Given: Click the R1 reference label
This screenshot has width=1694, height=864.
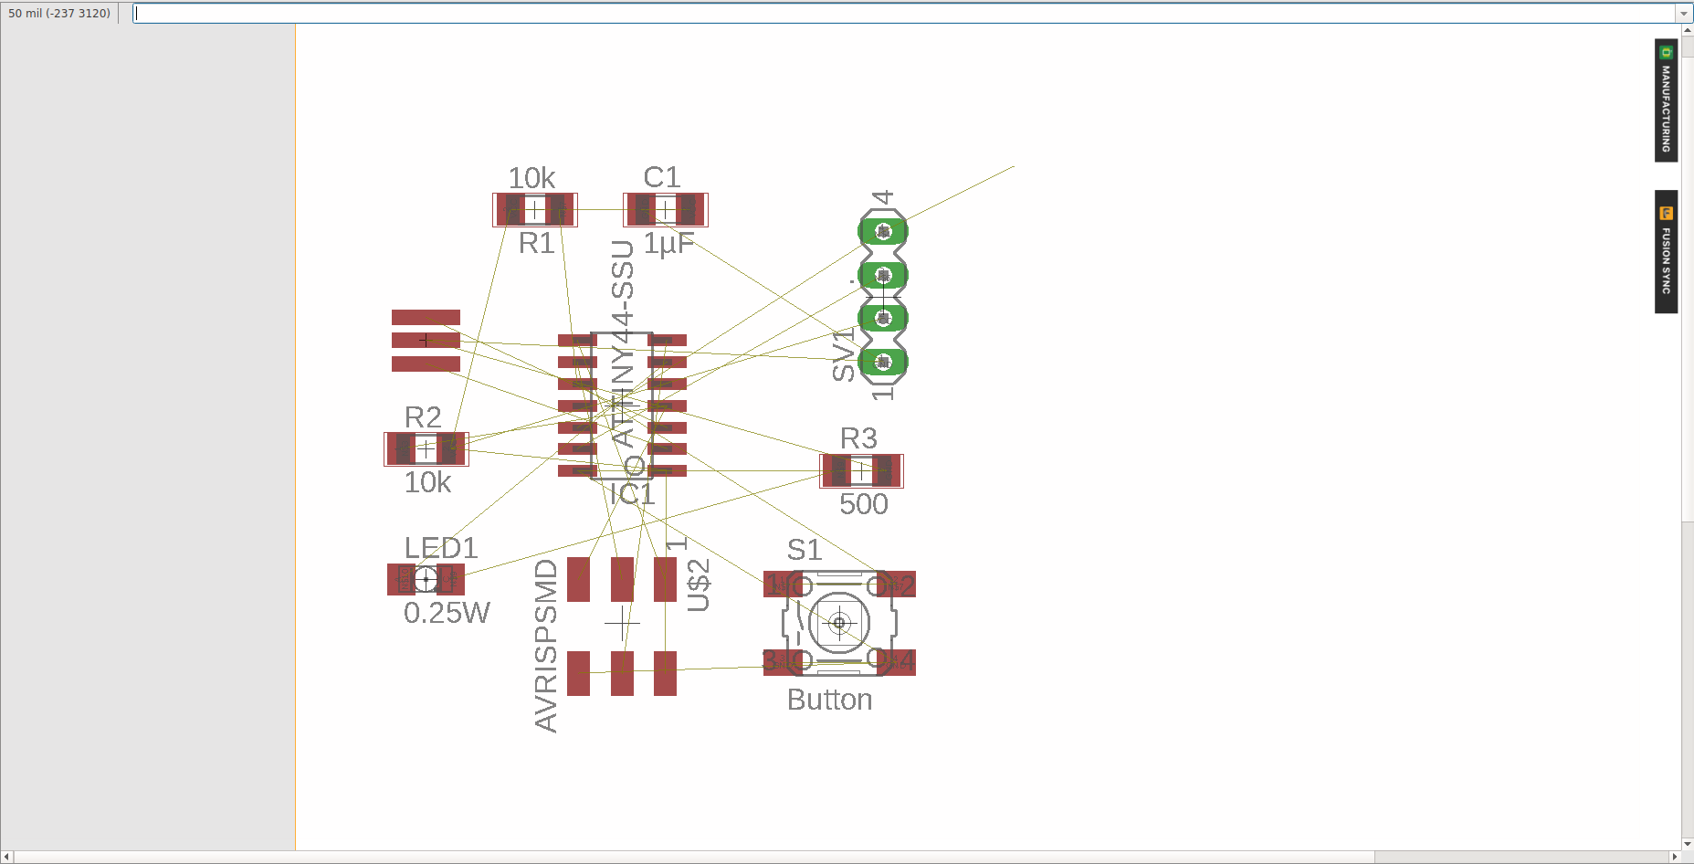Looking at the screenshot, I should tap(536, 244).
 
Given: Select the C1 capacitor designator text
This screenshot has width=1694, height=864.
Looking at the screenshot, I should tap(661, 177).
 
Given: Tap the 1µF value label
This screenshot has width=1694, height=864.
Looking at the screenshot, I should tap(668, 244).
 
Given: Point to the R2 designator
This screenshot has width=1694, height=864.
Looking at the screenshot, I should tap(423, 417).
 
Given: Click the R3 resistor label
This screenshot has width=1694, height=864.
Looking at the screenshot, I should tap(858, 438).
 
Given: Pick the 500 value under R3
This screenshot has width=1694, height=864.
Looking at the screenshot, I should tap(863, 504).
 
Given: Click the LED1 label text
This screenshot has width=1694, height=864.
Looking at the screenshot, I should tap(441, 548).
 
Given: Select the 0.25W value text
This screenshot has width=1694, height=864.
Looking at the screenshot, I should tap(447, 613).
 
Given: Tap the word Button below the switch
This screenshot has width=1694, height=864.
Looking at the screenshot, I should tap(829, 700).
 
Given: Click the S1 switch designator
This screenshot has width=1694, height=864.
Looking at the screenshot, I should tap(805, 550).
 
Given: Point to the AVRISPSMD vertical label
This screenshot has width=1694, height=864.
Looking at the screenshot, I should tap(546, 646).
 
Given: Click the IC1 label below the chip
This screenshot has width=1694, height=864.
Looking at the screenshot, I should tap(632, 495).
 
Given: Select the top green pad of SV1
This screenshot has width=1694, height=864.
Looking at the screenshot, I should tap(883, 232).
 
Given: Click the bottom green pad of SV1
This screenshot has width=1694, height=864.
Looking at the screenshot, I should tap(883, 363).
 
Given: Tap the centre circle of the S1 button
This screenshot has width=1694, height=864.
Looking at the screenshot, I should tap(839, 623).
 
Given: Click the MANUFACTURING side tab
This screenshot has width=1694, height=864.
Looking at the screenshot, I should tap(1666, 100).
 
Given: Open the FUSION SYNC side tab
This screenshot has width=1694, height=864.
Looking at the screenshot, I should tap(1666, 252).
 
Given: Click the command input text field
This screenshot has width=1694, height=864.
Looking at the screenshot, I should tap(904, 14).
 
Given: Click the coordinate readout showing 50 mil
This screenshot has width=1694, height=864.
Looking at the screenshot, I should tap(59, 14).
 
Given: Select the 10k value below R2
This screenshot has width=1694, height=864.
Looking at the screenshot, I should tap(427, 482).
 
